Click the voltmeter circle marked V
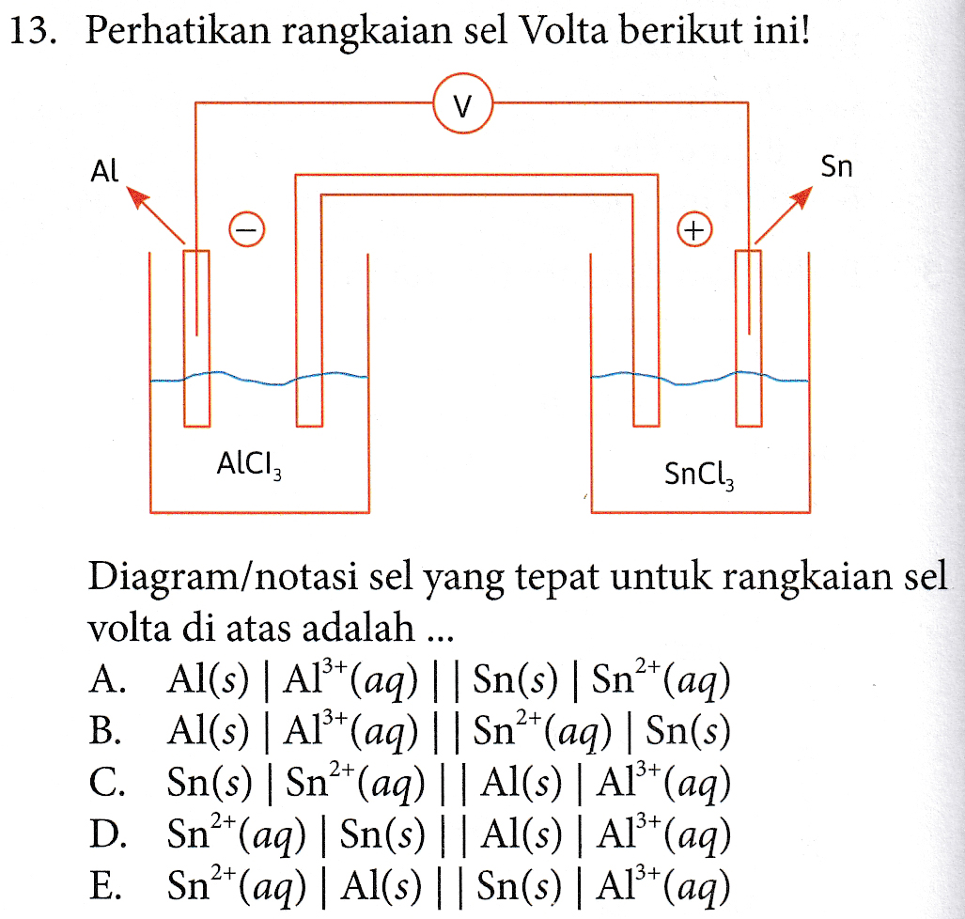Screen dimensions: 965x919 (463, 103)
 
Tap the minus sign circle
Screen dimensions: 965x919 (247, 229)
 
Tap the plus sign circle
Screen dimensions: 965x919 (694, 229)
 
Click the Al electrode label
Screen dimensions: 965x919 (104, 170)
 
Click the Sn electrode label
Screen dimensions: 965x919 (836, 167)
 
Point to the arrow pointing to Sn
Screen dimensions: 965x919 (784, 215)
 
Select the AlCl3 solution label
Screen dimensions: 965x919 (249, 464)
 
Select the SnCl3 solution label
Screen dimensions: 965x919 (699, 475)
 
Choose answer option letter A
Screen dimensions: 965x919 (107, 679)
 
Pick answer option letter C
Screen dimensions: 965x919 (106, 783)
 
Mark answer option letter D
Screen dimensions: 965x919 (107, 834)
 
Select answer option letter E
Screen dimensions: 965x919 (104, 886)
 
